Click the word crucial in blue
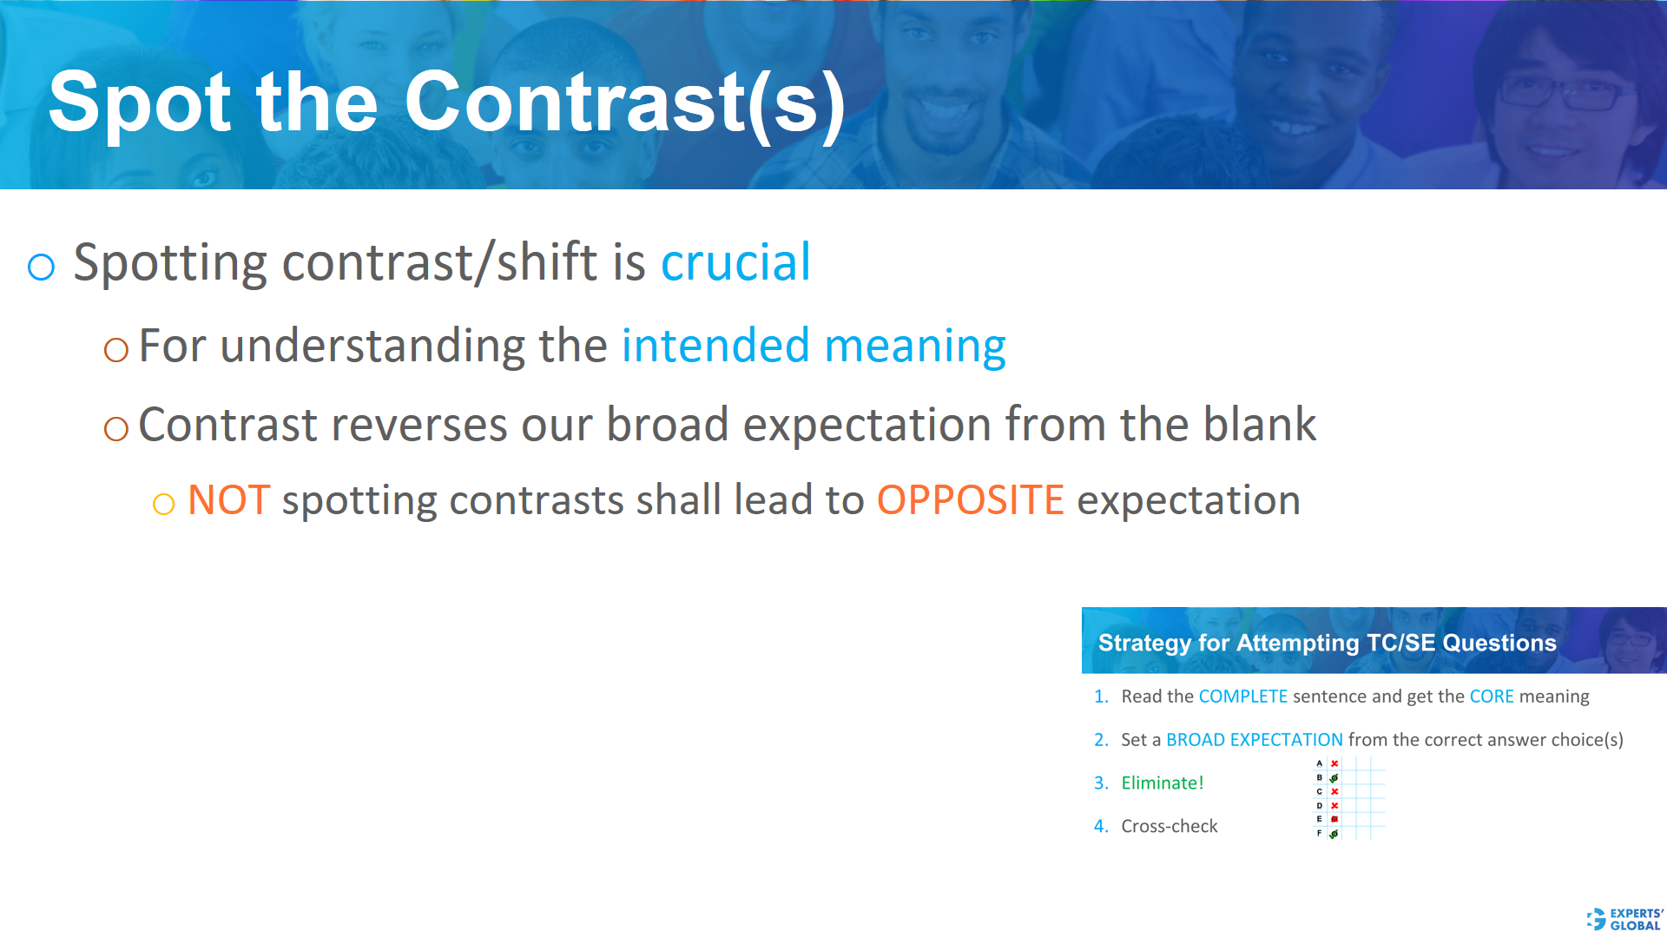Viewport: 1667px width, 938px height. point(735,262)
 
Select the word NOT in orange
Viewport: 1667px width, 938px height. point(228,501)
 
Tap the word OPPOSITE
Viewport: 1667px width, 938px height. point(970,501)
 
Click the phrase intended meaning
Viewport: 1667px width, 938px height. point(814,347)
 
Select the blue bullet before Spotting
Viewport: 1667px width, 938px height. point(42,267)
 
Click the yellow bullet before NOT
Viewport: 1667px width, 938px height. point(163,505)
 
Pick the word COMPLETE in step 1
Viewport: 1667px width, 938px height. point(1242,697)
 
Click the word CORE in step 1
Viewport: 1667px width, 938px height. point(1491,697)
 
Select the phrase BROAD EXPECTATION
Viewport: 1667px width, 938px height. point(1254,740)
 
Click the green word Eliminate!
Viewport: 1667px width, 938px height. point(1162,783)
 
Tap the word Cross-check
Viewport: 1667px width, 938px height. point(1169,827)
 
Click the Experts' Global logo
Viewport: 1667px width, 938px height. point(1624,919)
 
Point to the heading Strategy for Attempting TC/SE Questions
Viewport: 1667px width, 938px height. point(1327,643)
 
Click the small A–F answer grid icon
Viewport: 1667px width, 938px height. point(1348,798)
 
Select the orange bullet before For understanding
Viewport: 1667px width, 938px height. point(115,350)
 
